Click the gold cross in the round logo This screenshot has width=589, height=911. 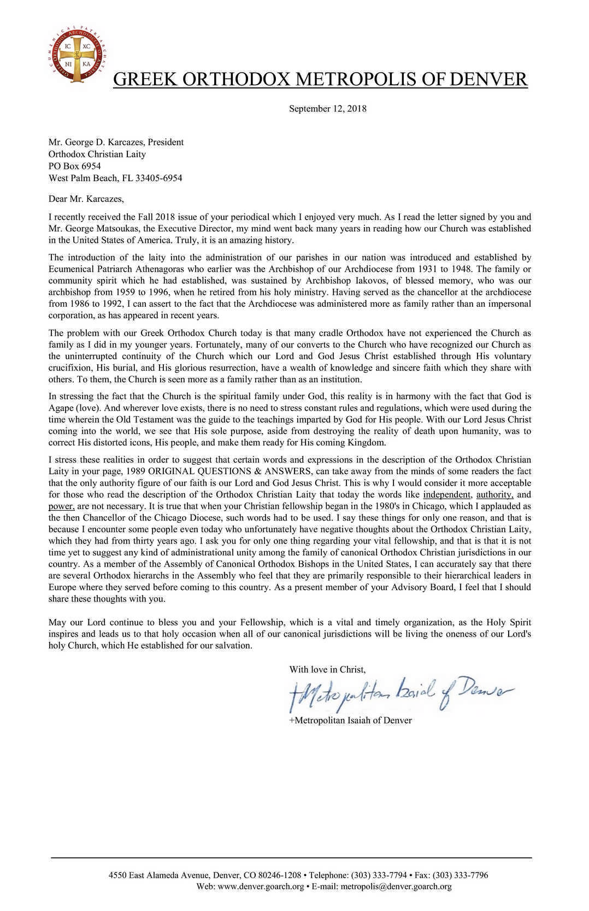tap(77, 54)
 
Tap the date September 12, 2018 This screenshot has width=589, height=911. tap(327, 108)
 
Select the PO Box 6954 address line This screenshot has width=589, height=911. tap(75, 166)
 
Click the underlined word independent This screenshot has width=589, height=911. tap(446, 494)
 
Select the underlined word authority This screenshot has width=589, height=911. tap(494, 494)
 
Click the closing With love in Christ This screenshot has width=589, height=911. tap(327, 669)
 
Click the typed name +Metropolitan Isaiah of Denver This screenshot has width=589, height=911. tap(350, 720)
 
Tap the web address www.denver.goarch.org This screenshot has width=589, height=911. tap(261, 886)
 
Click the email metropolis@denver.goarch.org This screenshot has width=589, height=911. tap(396, 886)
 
